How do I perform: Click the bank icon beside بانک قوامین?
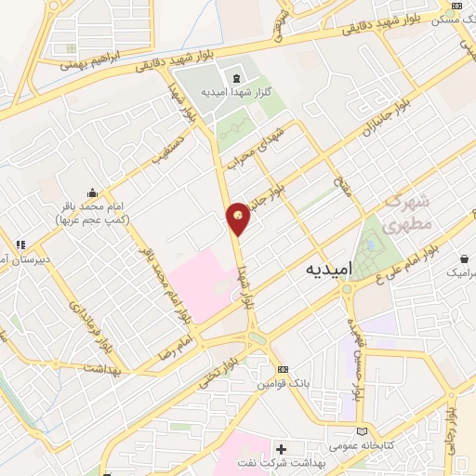pos(284,369)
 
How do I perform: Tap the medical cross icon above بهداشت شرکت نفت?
pos(281,449)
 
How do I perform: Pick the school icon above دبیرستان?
pos(18,245)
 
